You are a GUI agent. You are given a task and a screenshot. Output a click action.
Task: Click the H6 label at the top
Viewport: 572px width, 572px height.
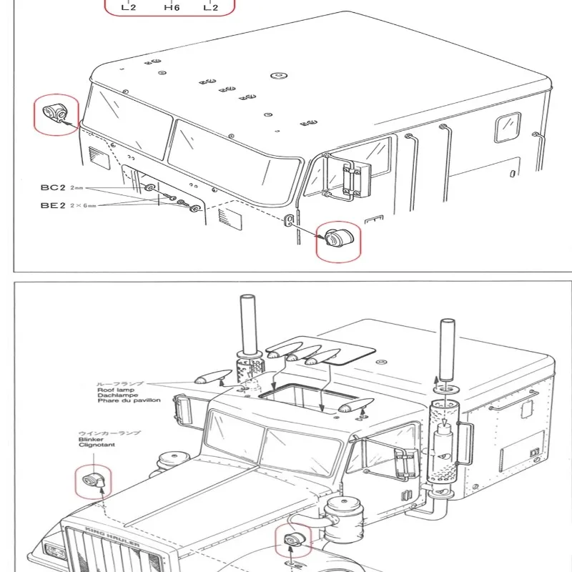pos(172,8)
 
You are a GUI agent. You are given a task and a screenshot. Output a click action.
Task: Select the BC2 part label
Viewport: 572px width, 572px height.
pos(53,187)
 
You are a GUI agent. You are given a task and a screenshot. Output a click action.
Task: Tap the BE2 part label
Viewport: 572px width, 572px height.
pos(53,204)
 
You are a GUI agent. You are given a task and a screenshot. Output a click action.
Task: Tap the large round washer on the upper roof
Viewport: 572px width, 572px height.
pos(276,74)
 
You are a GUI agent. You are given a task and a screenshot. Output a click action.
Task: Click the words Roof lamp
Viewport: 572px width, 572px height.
pos(116,390)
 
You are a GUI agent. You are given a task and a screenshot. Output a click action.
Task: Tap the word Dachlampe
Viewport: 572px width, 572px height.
pos(117,395)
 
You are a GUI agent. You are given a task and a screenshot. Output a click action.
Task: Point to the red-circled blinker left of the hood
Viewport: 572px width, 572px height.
pos(92,481)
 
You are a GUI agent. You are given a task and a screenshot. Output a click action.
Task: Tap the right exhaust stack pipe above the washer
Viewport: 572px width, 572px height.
pos(446,346)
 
